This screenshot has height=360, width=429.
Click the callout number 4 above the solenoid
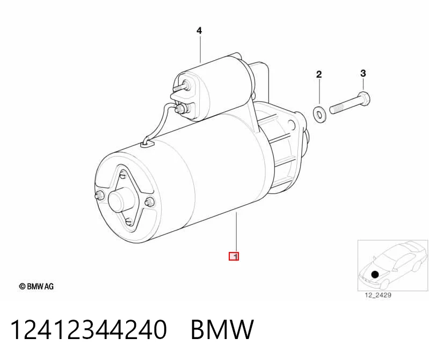pos(199,31)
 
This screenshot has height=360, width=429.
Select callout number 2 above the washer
pos(319,74)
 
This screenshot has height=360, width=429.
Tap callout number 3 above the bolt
pos(363,74)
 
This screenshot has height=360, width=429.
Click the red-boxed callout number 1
pos(234,256)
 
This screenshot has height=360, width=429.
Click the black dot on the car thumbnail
pos(375,274)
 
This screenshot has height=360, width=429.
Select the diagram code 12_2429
pos(378,295)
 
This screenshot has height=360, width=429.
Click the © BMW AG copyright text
pos(37,286)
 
